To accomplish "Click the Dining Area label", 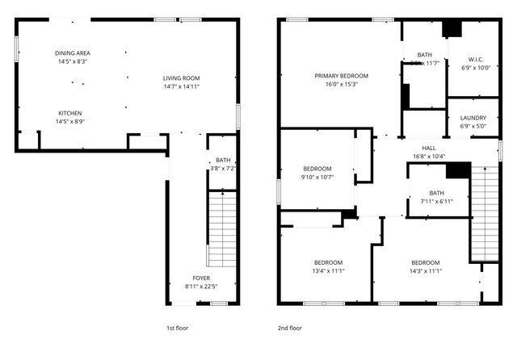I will pyautogui.click(x=73, y=53).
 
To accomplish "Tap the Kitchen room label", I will pyautogui.click(x=69, y=113).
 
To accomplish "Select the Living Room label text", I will pyautogui.click(x=181, y=77).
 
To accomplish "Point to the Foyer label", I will pyautogui.click(x=201, y=277).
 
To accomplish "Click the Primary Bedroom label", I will pyautogui.click(x=342, y=76).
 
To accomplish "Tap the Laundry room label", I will pyautogui.click(x=473, y=118).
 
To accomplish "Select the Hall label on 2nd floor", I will pyautogui.click(x=429, y=148).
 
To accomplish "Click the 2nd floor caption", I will pyautogui.click(x=289, y=329).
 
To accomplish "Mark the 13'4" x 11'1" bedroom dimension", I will pyautogui.click(x=328, y=271).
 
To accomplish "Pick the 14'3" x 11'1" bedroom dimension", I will pyautogui.click(x=425, y=271).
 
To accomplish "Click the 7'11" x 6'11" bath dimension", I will pyautogui.click(x=436, y=201).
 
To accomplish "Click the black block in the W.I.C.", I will pyautogui.click(x=452, y=29).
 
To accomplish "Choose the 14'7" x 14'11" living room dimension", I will pyautogui.click(x=181, y=86).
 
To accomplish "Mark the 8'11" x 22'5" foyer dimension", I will pyautogui.click(x=201, y=286).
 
